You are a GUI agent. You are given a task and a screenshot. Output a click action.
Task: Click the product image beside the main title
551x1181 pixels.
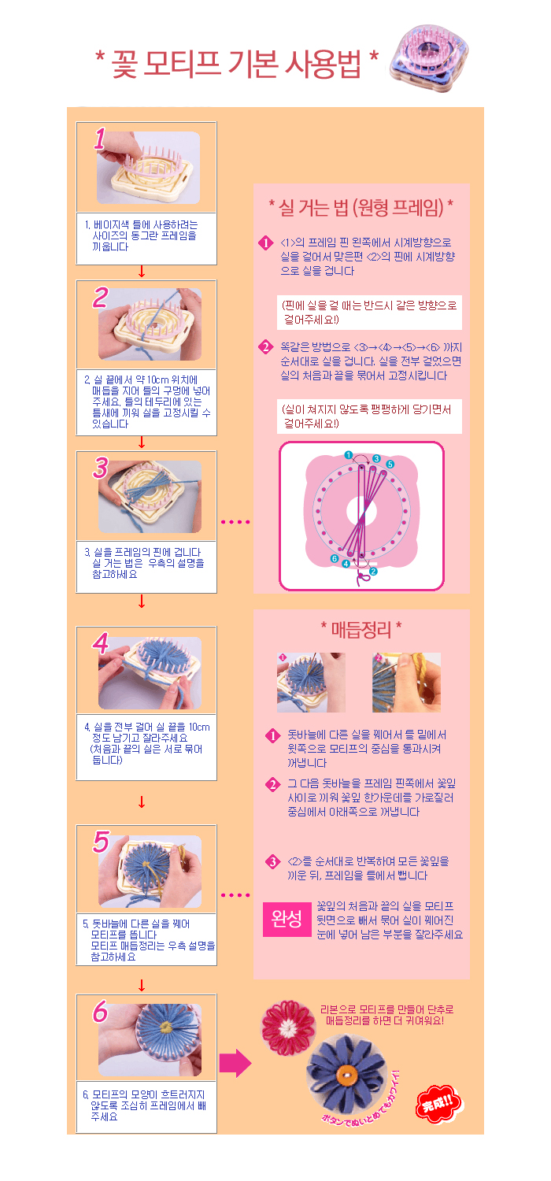pos(429,58)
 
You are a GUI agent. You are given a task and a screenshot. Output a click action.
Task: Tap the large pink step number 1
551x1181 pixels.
pos(100,139)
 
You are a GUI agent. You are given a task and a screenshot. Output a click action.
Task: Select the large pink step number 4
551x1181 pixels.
pos(100,643)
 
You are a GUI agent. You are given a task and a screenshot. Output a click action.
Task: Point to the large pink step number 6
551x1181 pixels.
pos(100,1011)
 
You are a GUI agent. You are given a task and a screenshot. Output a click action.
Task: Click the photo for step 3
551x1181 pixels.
pos(150,496)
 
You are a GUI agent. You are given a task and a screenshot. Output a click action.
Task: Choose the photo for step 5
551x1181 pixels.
pos(150,871)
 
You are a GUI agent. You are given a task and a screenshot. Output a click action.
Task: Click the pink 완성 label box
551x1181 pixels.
pos(287,919)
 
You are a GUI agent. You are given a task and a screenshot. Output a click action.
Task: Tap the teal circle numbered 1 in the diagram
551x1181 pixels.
pos(348,455)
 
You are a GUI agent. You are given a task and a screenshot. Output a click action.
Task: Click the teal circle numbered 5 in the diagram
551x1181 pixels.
pos(390,464)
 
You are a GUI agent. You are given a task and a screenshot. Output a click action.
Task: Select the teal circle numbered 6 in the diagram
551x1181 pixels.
pos(335,558)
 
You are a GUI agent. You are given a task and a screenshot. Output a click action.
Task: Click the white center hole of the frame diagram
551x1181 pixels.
pos(362,510)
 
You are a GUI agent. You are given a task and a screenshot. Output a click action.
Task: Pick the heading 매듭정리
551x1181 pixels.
pos(361,629)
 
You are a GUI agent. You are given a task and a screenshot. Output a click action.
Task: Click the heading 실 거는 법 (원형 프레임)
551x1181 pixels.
pos(361,207)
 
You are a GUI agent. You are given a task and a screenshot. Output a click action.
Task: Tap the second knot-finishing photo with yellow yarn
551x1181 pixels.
pos(406,683)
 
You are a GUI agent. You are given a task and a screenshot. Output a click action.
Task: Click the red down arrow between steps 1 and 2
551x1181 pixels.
pos(142,272)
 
